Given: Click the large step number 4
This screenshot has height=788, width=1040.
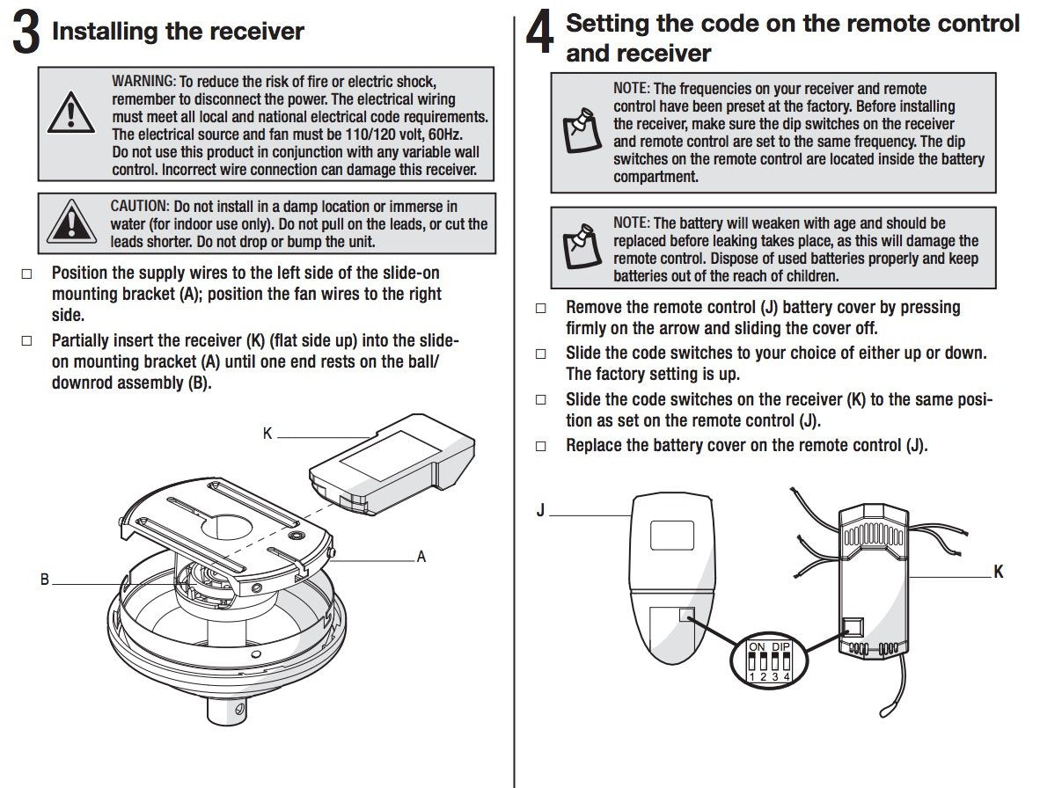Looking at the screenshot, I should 539,37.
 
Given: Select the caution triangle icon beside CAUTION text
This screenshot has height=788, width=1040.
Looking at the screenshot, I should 70,221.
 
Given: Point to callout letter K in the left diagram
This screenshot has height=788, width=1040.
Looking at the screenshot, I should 267,434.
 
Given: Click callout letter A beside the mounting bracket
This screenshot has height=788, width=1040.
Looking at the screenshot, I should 421,557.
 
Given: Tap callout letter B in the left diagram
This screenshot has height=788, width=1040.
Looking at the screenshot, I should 44,580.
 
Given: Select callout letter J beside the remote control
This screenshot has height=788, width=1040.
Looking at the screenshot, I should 540,511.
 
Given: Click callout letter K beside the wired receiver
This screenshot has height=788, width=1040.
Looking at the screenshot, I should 998,573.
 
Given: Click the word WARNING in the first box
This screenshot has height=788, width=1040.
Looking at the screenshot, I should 143,81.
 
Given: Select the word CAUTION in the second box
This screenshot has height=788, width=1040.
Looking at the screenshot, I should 138,207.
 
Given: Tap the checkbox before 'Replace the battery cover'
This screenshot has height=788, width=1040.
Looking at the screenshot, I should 540,447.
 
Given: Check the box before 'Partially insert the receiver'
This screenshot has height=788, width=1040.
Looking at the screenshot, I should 26,341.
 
